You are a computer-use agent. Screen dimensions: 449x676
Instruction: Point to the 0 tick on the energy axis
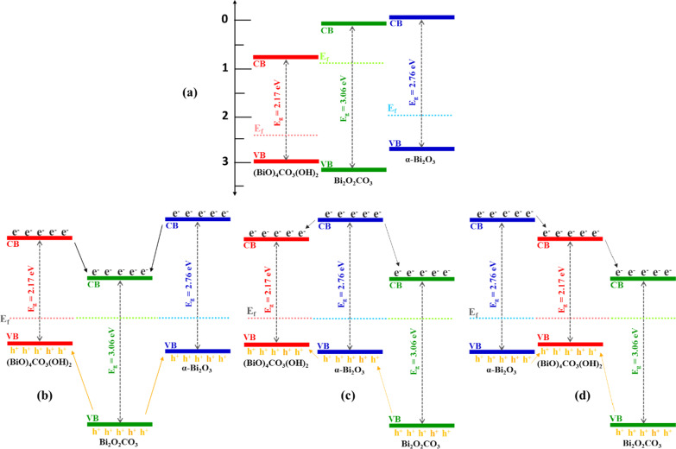[225, 20]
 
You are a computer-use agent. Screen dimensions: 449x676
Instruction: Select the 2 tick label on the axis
[225, 116]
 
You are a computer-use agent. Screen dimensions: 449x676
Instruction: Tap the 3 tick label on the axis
[225, 161]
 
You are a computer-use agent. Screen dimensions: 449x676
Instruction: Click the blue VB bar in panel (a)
[421, 149]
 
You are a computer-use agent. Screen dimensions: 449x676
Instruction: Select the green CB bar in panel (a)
[353, 23]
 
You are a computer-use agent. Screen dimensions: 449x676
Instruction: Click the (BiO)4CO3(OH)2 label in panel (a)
[286, 174]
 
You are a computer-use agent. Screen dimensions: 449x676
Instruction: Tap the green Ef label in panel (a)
[324, 57]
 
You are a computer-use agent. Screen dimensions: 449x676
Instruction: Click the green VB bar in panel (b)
[120, 425]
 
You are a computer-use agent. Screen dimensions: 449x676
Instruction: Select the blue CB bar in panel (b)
[197, 219]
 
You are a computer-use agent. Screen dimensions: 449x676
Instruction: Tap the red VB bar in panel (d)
[570, 344]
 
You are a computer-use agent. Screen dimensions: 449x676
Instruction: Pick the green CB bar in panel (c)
[421, 278]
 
